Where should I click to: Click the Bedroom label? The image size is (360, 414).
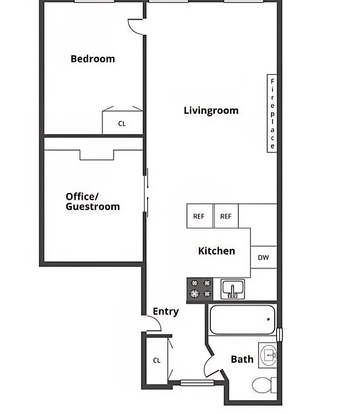point(93,59)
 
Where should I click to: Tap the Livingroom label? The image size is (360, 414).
point(211,110)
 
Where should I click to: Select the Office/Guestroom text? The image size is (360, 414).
point(93,201)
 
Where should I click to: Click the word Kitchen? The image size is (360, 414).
point(217,251)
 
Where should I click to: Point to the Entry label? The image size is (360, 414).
point(166,312)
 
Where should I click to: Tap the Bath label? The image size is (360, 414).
point(242,359)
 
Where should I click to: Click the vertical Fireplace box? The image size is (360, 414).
point(272,114)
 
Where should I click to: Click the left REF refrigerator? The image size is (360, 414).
point(199,216)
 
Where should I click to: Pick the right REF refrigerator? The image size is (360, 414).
point(226,216)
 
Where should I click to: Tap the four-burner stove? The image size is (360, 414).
point(200,289)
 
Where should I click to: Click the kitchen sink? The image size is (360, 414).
point(233,288)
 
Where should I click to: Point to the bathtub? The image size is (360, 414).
point(242,320)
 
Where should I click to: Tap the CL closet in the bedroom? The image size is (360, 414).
point(122,123)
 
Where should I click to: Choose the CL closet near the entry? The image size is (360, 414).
point(157,360)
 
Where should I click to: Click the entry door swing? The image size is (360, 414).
point(154,324)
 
